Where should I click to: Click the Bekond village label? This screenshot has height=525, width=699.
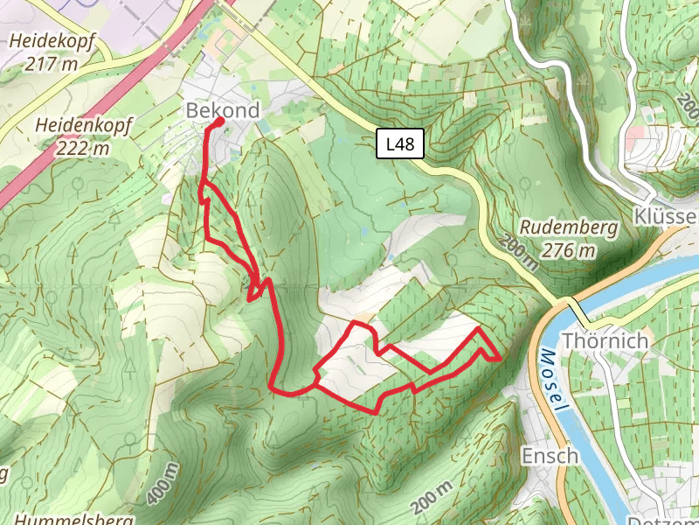coord(223,110)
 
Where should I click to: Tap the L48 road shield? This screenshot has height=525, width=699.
coord(401,144)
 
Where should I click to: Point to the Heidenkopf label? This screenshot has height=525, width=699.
coord(73,126)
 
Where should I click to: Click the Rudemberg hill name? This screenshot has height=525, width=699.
coord(568,227)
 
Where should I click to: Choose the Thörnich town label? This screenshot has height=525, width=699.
coord(606,340)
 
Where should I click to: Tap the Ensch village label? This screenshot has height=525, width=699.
coord(550,455)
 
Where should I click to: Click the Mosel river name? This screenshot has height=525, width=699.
coord(554,382)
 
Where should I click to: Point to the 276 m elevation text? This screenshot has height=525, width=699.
coord(568,251)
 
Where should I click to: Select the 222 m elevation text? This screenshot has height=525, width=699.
coord(82,148)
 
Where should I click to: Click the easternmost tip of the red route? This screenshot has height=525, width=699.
coord(500,359)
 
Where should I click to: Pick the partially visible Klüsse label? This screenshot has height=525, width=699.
coord(667,215)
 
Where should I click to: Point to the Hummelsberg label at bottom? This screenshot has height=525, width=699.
coord(73,519)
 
